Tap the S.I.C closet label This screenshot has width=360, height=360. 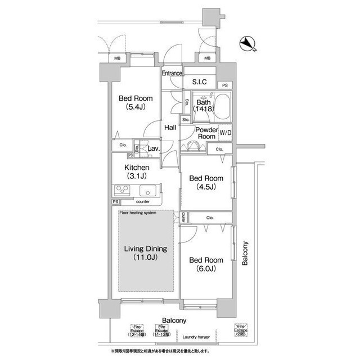(x=199, y=82)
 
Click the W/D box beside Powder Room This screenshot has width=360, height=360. (x=225, y=133)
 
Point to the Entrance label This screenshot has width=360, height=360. (x=172, y=74)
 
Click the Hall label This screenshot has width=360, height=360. (x=170, y=128)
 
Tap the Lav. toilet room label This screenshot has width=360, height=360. (x=154, y=148)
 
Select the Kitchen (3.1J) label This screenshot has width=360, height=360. (x=137, y=172)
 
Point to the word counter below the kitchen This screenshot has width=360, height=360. (x=143, y=201)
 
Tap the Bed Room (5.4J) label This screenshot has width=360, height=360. (x=136, y=103)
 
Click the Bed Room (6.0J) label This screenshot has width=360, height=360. (x=205, y=264)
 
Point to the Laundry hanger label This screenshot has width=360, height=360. (x=196, y=337)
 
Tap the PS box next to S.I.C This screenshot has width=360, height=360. (x=224, y=85)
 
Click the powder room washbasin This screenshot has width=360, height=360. (x=193, y=146)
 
